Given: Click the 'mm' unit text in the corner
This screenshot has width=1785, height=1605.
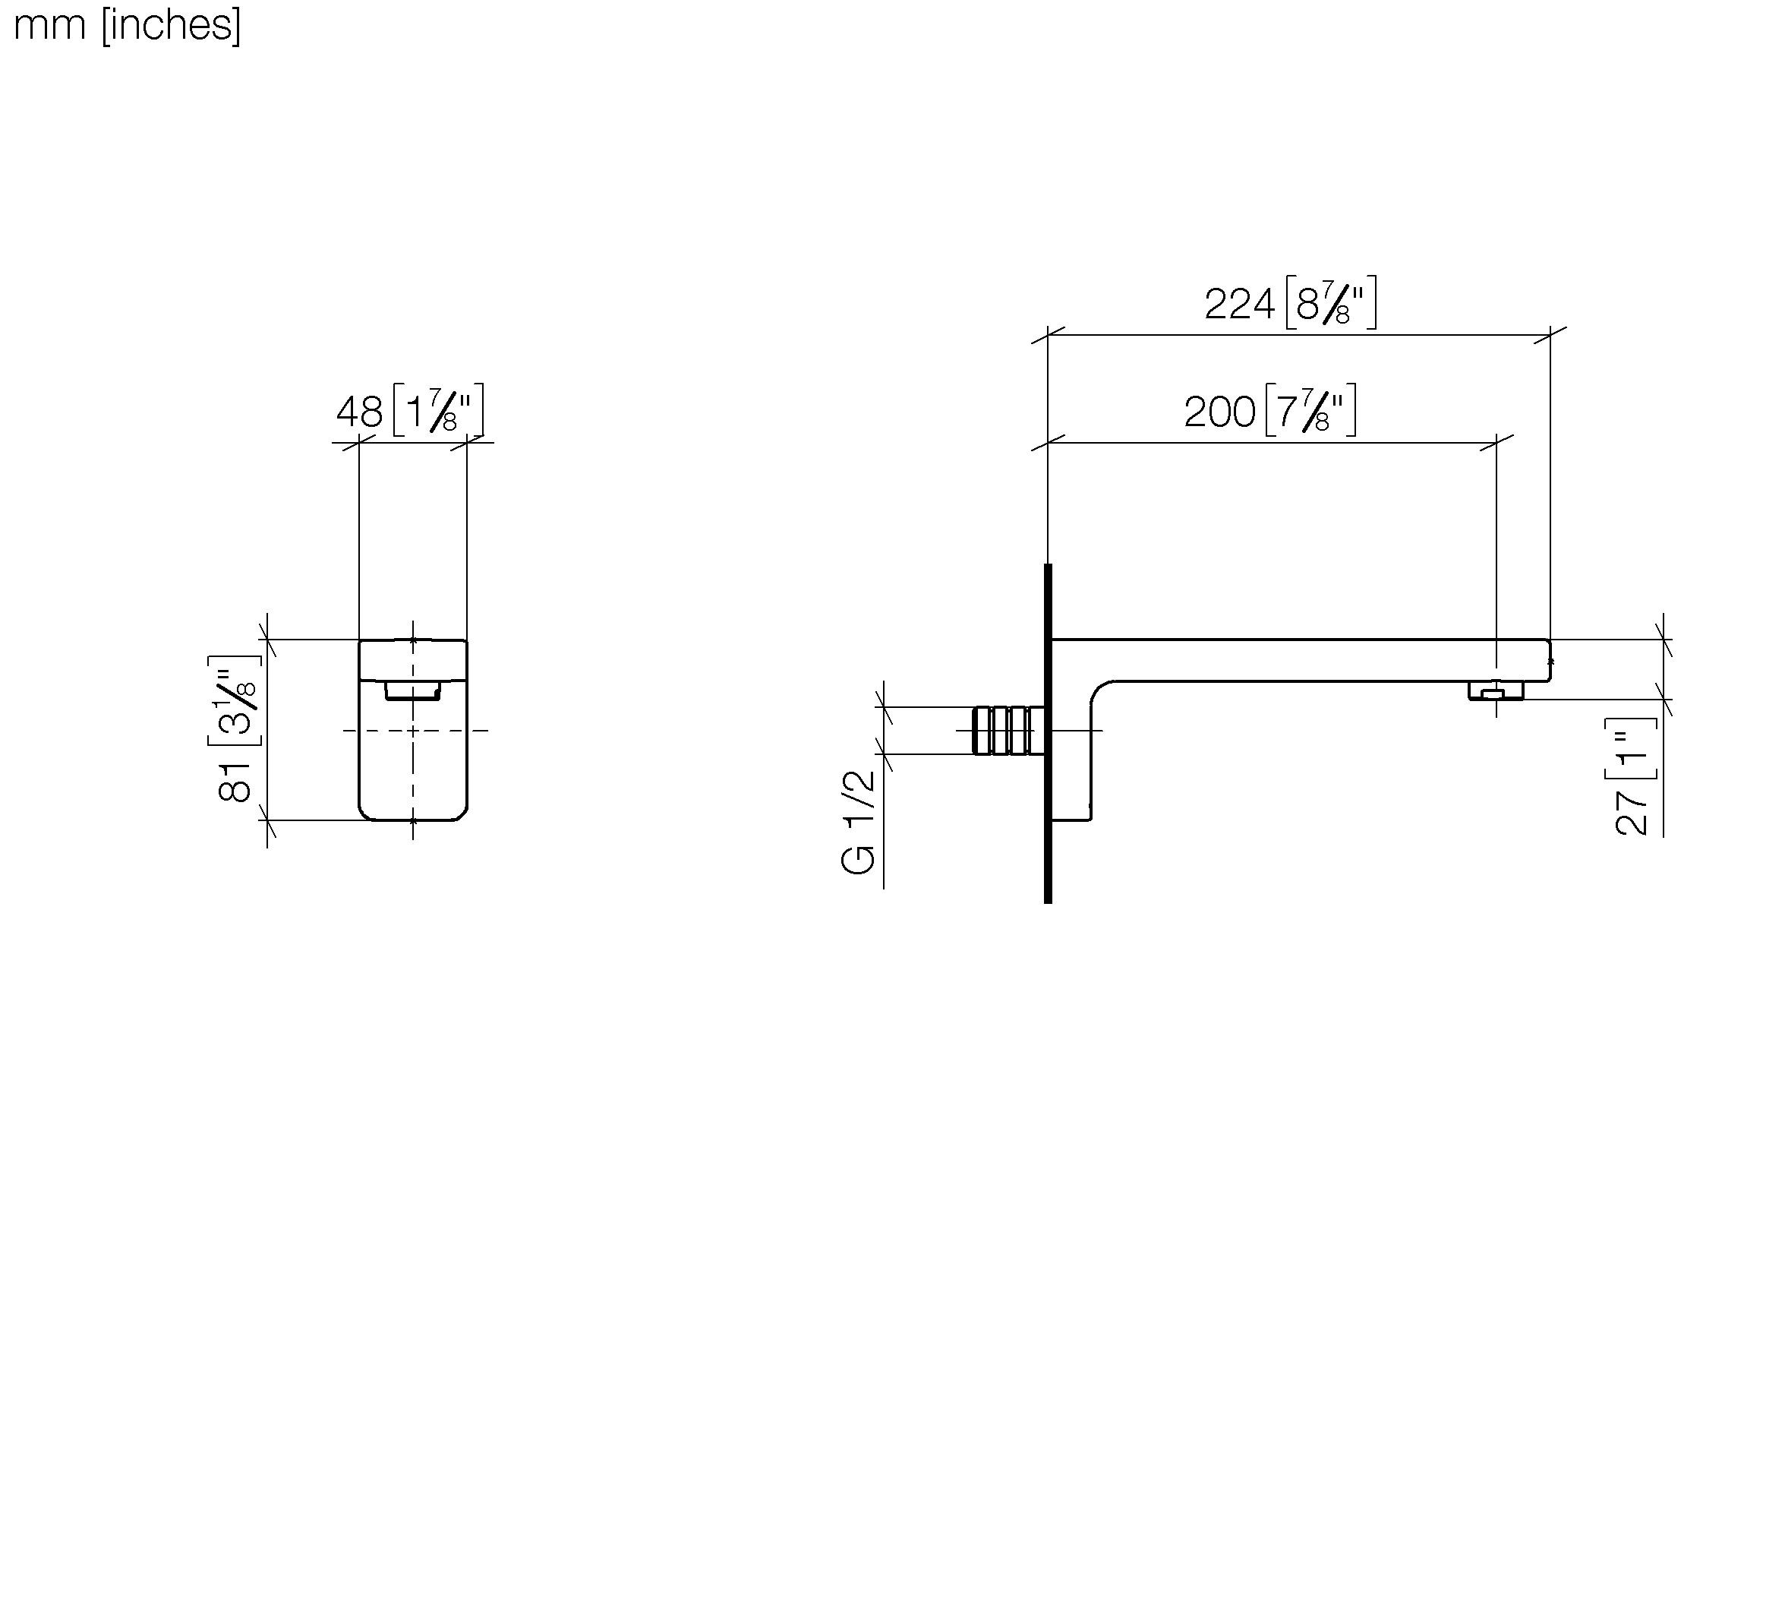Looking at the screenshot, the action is pyautogui.click(x=49, y=27).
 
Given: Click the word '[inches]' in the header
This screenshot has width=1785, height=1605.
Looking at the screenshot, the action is pyautogui.click(x=171, y=25).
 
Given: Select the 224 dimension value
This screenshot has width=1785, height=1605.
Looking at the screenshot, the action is pyautogui.click(x=1239, y=305).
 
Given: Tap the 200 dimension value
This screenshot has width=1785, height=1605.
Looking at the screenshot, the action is pyautogui.click(x=1219, y=412).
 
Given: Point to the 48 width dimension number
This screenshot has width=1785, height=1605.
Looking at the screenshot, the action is pyautogui.click(x=360, y=412).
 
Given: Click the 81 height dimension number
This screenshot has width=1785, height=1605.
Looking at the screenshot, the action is pyautogui.click(x=235, y=782).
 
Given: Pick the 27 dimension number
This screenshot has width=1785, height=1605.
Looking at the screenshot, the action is pyautogui.click(x=1632, y=812).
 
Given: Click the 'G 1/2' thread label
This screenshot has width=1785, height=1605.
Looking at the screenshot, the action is pyautogui.click(x=859, y=823).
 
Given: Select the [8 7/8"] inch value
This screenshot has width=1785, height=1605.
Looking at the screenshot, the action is pyautogui.click(x=1331, y=303).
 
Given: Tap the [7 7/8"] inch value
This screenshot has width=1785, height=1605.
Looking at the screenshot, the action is pyautogui.click(x=1310, y=410).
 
